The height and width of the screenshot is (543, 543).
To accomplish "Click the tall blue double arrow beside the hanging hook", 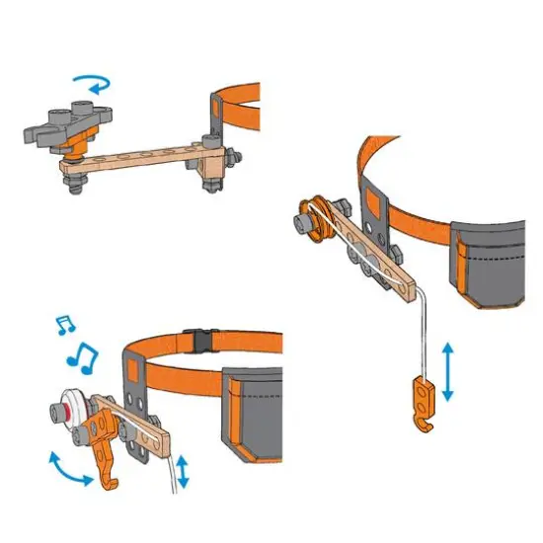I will pos(449,371).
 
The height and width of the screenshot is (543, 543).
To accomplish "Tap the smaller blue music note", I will pos(65,323).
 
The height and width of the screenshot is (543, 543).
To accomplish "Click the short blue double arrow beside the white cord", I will pos(182,472).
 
